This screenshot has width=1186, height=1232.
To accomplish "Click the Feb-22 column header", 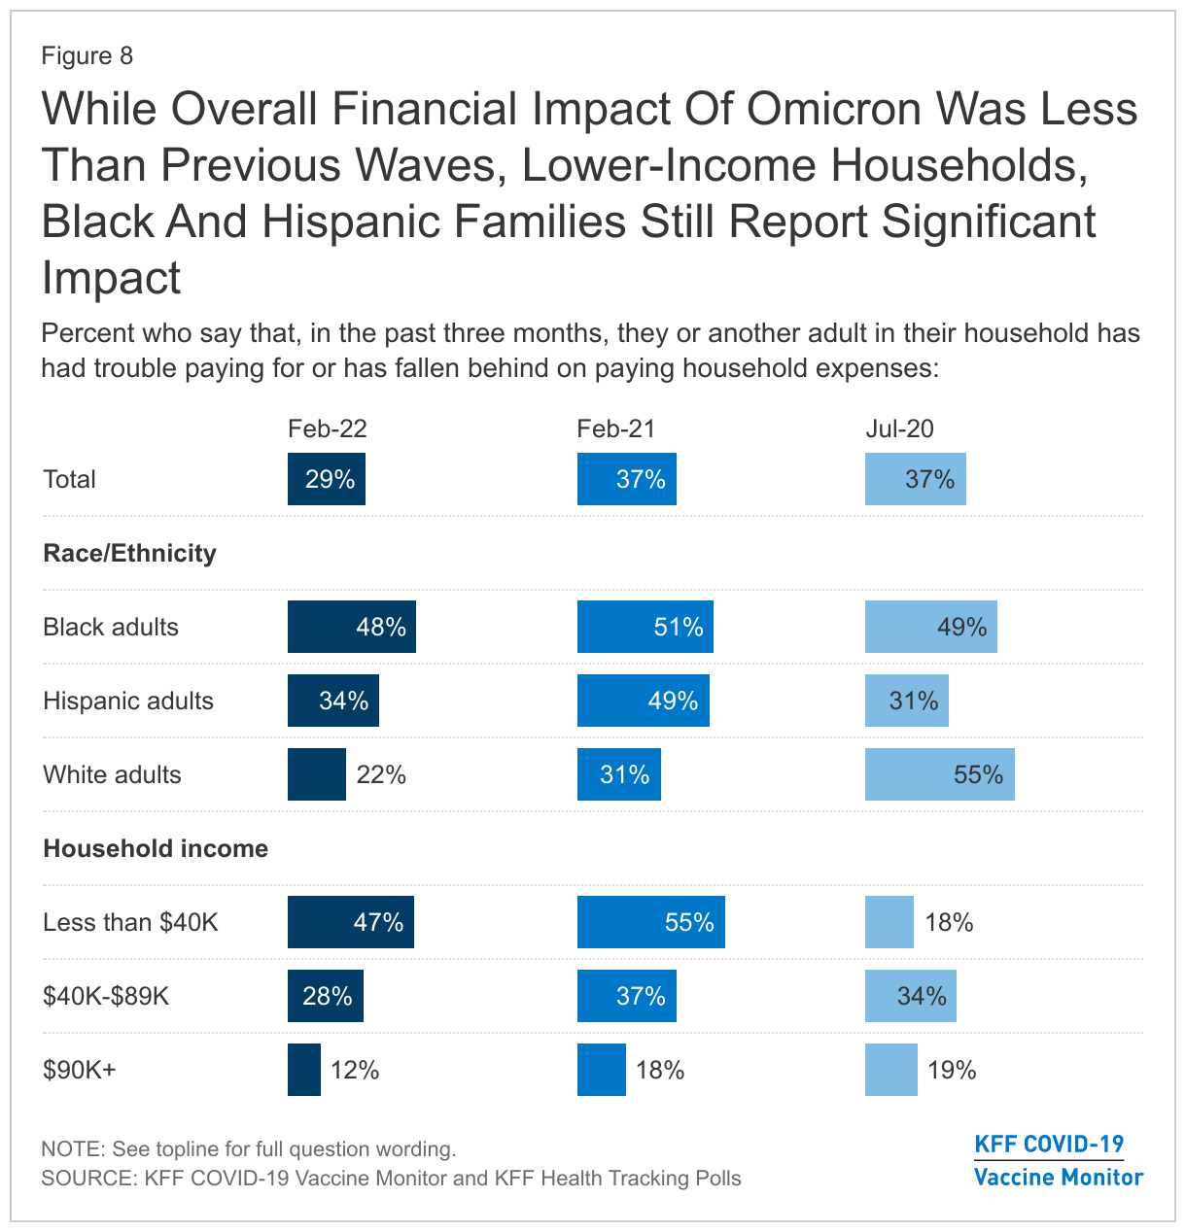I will [x=327, y=429].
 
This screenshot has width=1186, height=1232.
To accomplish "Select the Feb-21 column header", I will [x=615, y=429].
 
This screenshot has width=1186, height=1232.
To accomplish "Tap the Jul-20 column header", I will [x=899, y=429].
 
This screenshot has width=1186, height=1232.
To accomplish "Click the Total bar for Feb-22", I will [x=327, y=479].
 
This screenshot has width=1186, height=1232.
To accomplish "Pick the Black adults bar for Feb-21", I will [x=645, y=627].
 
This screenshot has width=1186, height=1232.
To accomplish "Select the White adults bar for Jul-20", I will [x=939, y=774].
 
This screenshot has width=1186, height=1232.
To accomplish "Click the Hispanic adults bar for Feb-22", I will [x=332, y=701].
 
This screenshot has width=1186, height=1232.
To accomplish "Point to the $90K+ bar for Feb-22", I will [x=304, y=1070].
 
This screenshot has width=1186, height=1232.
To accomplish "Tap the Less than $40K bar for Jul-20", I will [x=889, y=922].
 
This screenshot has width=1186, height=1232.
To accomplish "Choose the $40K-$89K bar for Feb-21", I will [x=627, y=996].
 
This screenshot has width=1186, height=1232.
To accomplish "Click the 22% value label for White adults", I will [x=381, y=774].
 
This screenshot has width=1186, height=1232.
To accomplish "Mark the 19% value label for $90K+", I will [x=952, y=1070].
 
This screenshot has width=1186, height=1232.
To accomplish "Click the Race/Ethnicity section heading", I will [x=129, y=553].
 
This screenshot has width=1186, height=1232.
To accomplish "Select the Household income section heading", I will [x=156, y=848].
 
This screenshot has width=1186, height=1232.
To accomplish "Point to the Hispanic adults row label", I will [x=128, y=701].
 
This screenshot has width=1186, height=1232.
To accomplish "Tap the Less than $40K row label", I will [x=130, y=922].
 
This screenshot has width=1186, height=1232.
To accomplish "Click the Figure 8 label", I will [x=87, y=55].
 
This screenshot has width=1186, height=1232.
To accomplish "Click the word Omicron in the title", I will [x=835, y=109].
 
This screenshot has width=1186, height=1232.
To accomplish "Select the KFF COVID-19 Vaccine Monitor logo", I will [x=1058, y=1160].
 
